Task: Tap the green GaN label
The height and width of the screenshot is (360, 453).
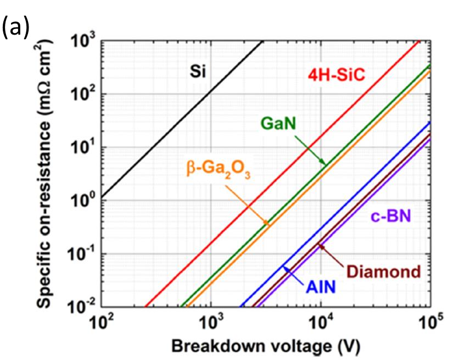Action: [278, 124]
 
